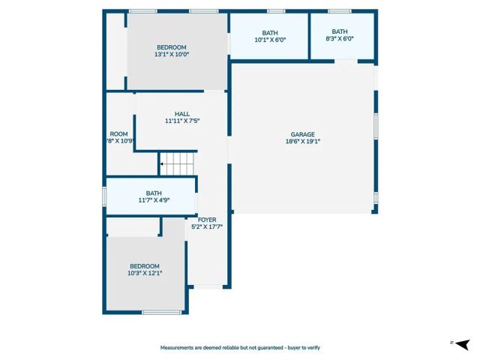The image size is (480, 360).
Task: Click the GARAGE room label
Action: (x=303, y=134)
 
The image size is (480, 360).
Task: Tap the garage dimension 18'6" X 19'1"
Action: (x=303, y=141)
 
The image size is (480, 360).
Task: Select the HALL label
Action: (x=182, y=114)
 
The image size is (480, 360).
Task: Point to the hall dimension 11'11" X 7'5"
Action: (x=182, y=121)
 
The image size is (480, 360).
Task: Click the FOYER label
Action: (x=206, y=219)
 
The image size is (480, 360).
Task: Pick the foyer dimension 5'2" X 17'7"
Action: (x=206, y=226)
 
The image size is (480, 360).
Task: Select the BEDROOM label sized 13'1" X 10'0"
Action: (x=172, y=47)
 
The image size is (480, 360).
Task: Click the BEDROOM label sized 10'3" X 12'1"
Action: (x=145, y=266)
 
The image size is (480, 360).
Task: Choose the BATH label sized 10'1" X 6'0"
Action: (x=270, y=33)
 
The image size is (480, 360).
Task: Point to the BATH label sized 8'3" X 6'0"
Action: (x=340, y=31)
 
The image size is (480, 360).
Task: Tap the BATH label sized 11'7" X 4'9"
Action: (x=154, y=193)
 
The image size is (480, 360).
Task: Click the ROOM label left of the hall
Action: (x=118, y=134)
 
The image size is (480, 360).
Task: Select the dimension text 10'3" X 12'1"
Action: (x=145, y=273)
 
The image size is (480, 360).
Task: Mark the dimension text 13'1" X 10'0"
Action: (x=172, y=54)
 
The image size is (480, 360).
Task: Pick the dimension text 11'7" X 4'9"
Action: (x=154, y=199)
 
